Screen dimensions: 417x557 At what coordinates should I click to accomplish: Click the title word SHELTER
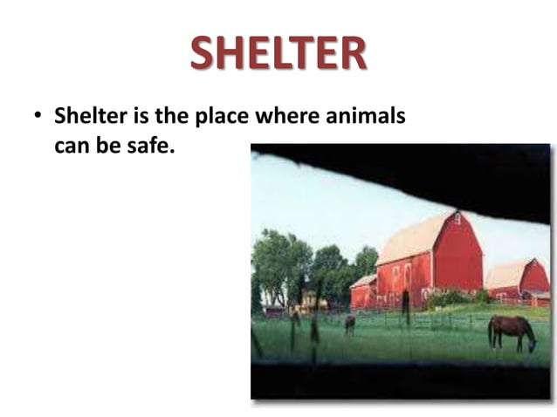pos(278,54)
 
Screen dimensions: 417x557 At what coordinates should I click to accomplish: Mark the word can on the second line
pos(71,145)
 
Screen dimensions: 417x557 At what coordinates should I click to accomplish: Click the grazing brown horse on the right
pos(511,331)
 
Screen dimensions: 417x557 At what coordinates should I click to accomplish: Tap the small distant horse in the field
pos(350,324)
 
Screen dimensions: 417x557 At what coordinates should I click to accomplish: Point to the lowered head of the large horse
pos(532,345)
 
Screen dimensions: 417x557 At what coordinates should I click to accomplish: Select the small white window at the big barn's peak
pos(456,218)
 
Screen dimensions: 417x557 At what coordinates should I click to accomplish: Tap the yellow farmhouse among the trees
pos(308,299)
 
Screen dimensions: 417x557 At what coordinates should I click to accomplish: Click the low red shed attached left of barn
pos(363,293)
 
